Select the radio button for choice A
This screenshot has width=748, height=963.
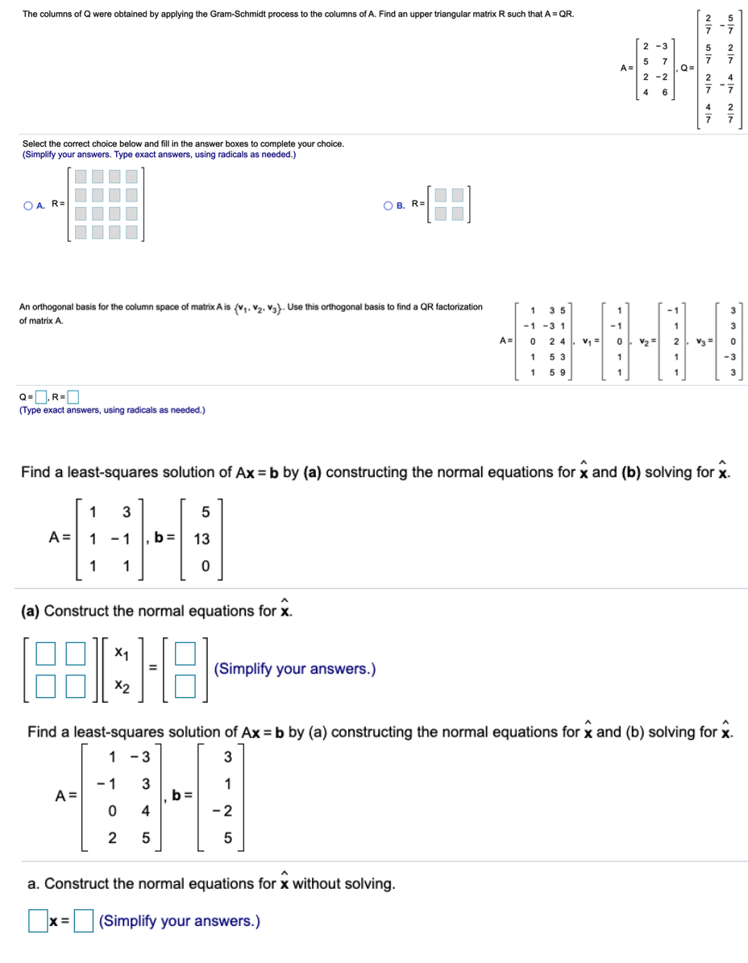click(x=28, y=205)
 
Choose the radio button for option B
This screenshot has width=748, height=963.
click(x=389, y=205)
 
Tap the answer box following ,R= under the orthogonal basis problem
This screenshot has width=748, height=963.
click(x=73, y=396)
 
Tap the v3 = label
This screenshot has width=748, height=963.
click(x=706, y=341)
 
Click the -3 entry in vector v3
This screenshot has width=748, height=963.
click(x=730, y=357)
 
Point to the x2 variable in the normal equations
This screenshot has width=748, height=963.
click(x=122, y=686)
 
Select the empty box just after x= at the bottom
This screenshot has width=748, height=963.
click(x=85, y=921)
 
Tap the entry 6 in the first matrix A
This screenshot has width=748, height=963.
click(x=664, y=92)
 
